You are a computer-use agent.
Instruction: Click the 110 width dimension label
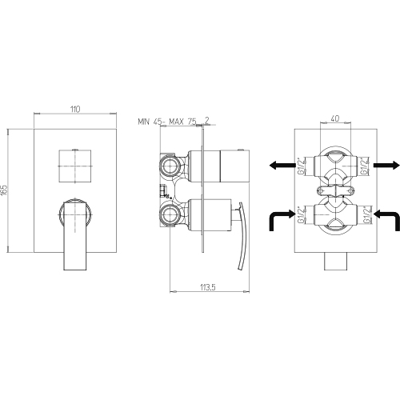[75, 110]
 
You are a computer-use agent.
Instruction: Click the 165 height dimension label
[4, 190]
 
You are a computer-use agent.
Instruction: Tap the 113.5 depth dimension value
[208, 287]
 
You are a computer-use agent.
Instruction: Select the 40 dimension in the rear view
[335, 118]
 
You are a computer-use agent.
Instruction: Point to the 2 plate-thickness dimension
[207, 121]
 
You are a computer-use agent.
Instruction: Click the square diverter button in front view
[75, 166]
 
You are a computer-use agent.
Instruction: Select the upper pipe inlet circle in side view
[169, 167]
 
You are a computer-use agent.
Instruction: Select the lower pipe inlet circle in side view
[169, 214]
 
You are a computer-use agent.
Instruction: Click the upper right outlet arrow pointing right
[386, 166]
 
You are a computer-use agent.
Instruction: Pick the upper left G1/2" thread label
[301, 166]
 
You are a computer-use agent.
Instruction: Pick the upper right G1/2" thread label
[366, 166]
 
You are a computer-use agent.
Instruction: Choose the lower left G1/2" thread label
[301, 214]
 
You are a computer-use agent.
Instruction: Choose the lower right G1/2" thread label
[366, 214]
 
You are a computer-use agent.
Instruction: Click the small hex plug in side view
[162, 190]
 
